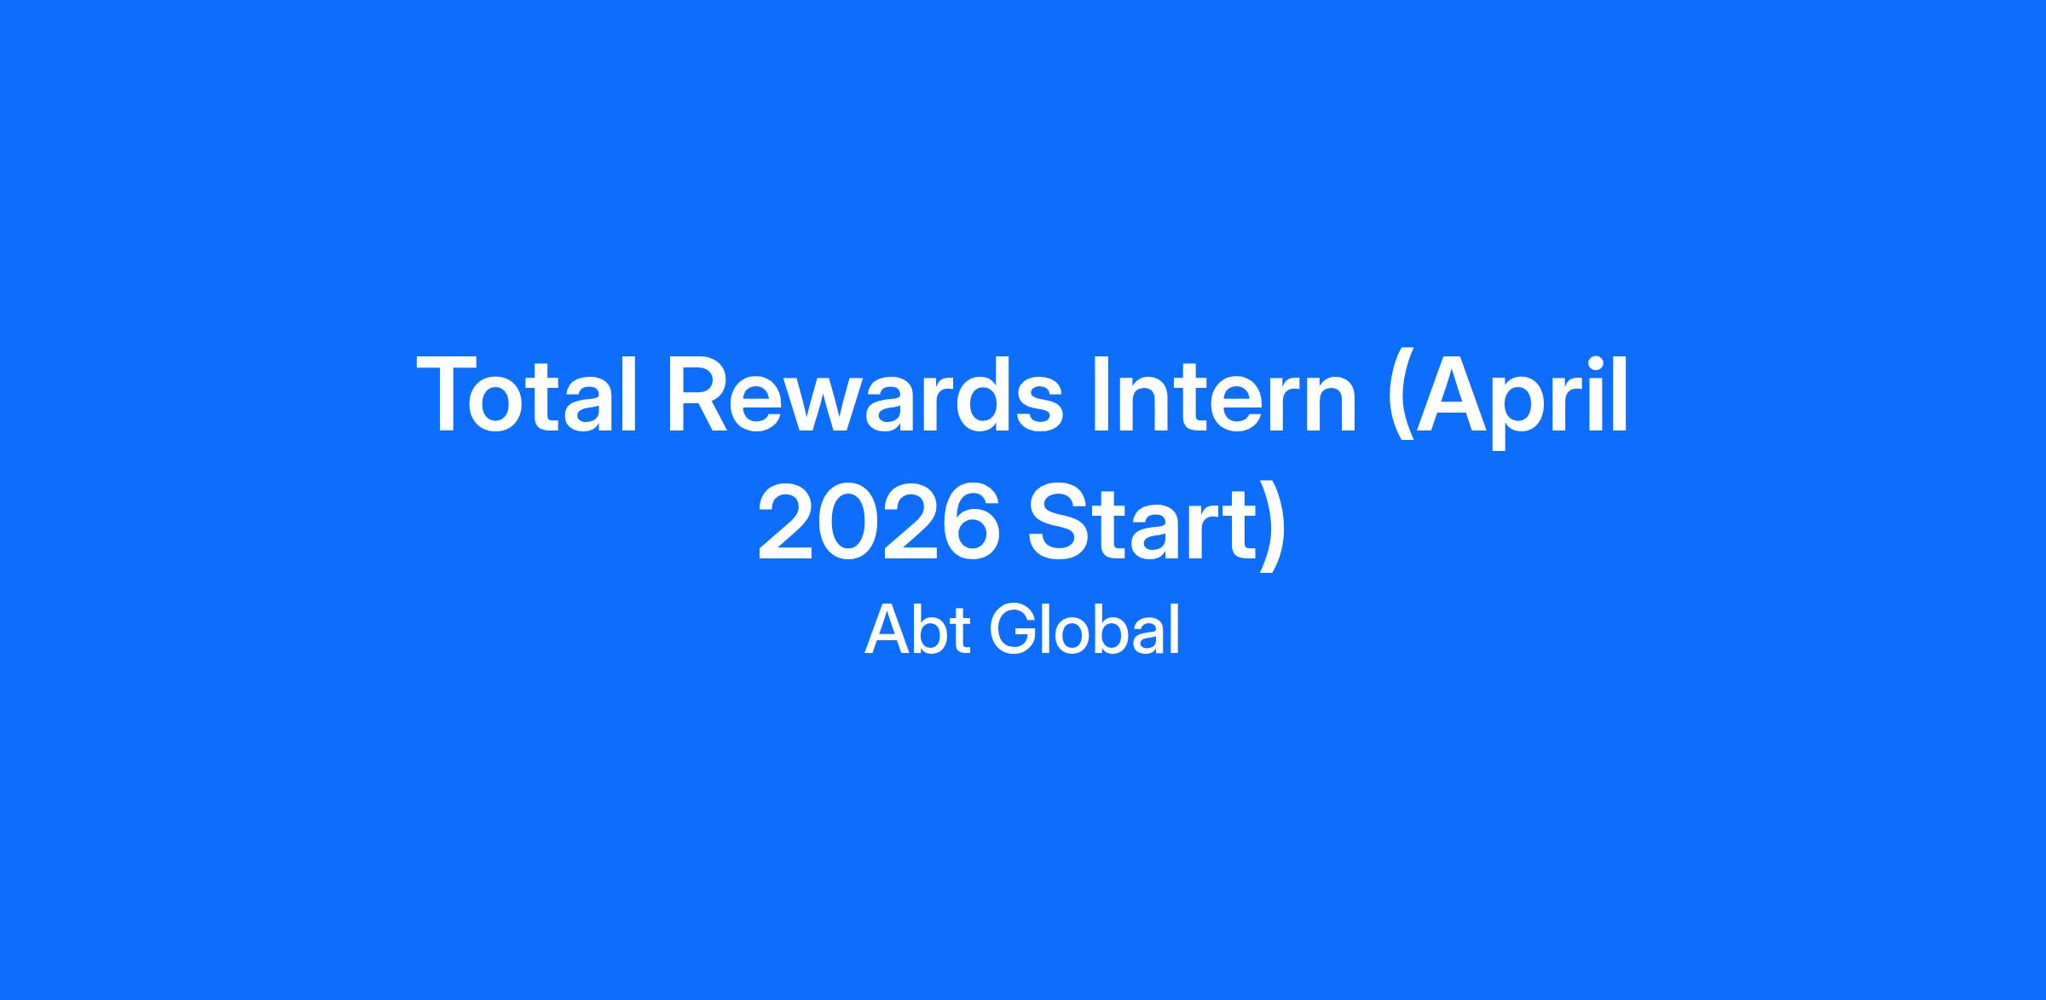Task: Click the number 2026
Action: [879, 522]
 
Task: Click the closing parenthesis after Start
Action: [1270, 527]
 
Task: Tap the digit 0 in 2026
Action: [848, 522]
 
